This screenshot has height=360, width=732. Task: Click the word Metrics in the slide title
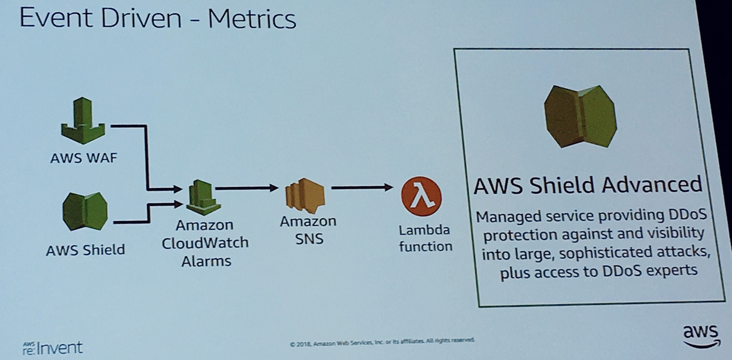(252, 19)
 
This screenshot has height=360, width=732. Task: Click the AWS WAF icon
(83, 121)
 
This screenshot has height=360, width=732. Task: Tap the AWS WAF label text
(84, 158)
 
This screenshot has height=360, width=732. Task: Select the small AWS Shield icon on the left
(85, 211)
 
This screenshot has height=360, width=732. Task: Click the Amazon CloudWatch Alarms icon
(203, 197)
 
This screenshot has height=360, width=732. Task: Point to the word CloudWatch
(205, 243)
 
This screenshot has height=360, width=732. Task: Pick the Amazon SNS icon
(305, 196)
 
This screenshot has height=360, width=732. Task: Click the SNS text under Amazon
(309, 238)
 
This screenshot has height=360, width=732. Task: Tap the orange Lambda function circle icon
(421, 196)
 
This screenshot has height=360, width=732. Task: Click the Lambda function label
(425, 238)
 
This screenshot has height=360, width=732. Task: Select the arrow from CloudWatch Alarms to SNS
(247, 188)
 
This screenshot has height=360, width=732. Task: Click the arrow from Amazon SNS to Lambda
(362, 187)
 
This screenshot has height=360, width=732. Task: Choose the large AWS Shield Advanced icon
(580, 116)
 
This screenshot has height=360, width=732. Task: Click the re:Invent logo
(53, 348)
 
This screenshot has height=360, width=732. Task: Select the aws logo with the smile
(701, 336)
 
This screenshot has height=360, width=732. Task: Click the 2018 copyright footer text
(382, 342)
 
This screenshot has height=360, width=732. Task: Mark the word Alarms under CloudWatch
(206, 261)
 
